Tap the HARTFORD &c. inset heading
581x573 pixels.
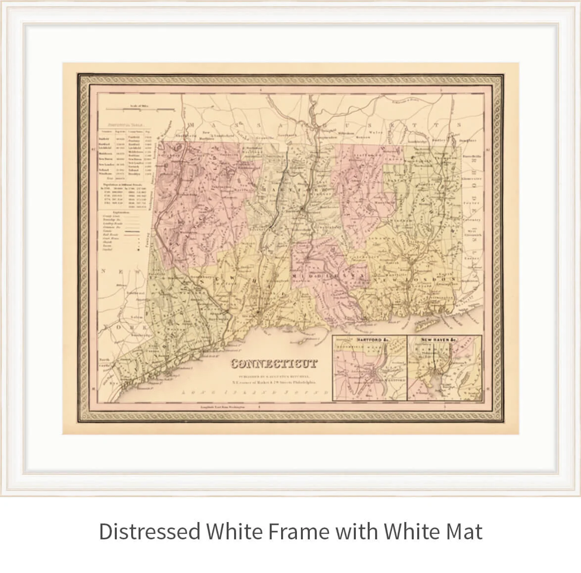coord(370,340)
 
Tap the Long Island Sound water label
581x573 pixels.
coord(238,392)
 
